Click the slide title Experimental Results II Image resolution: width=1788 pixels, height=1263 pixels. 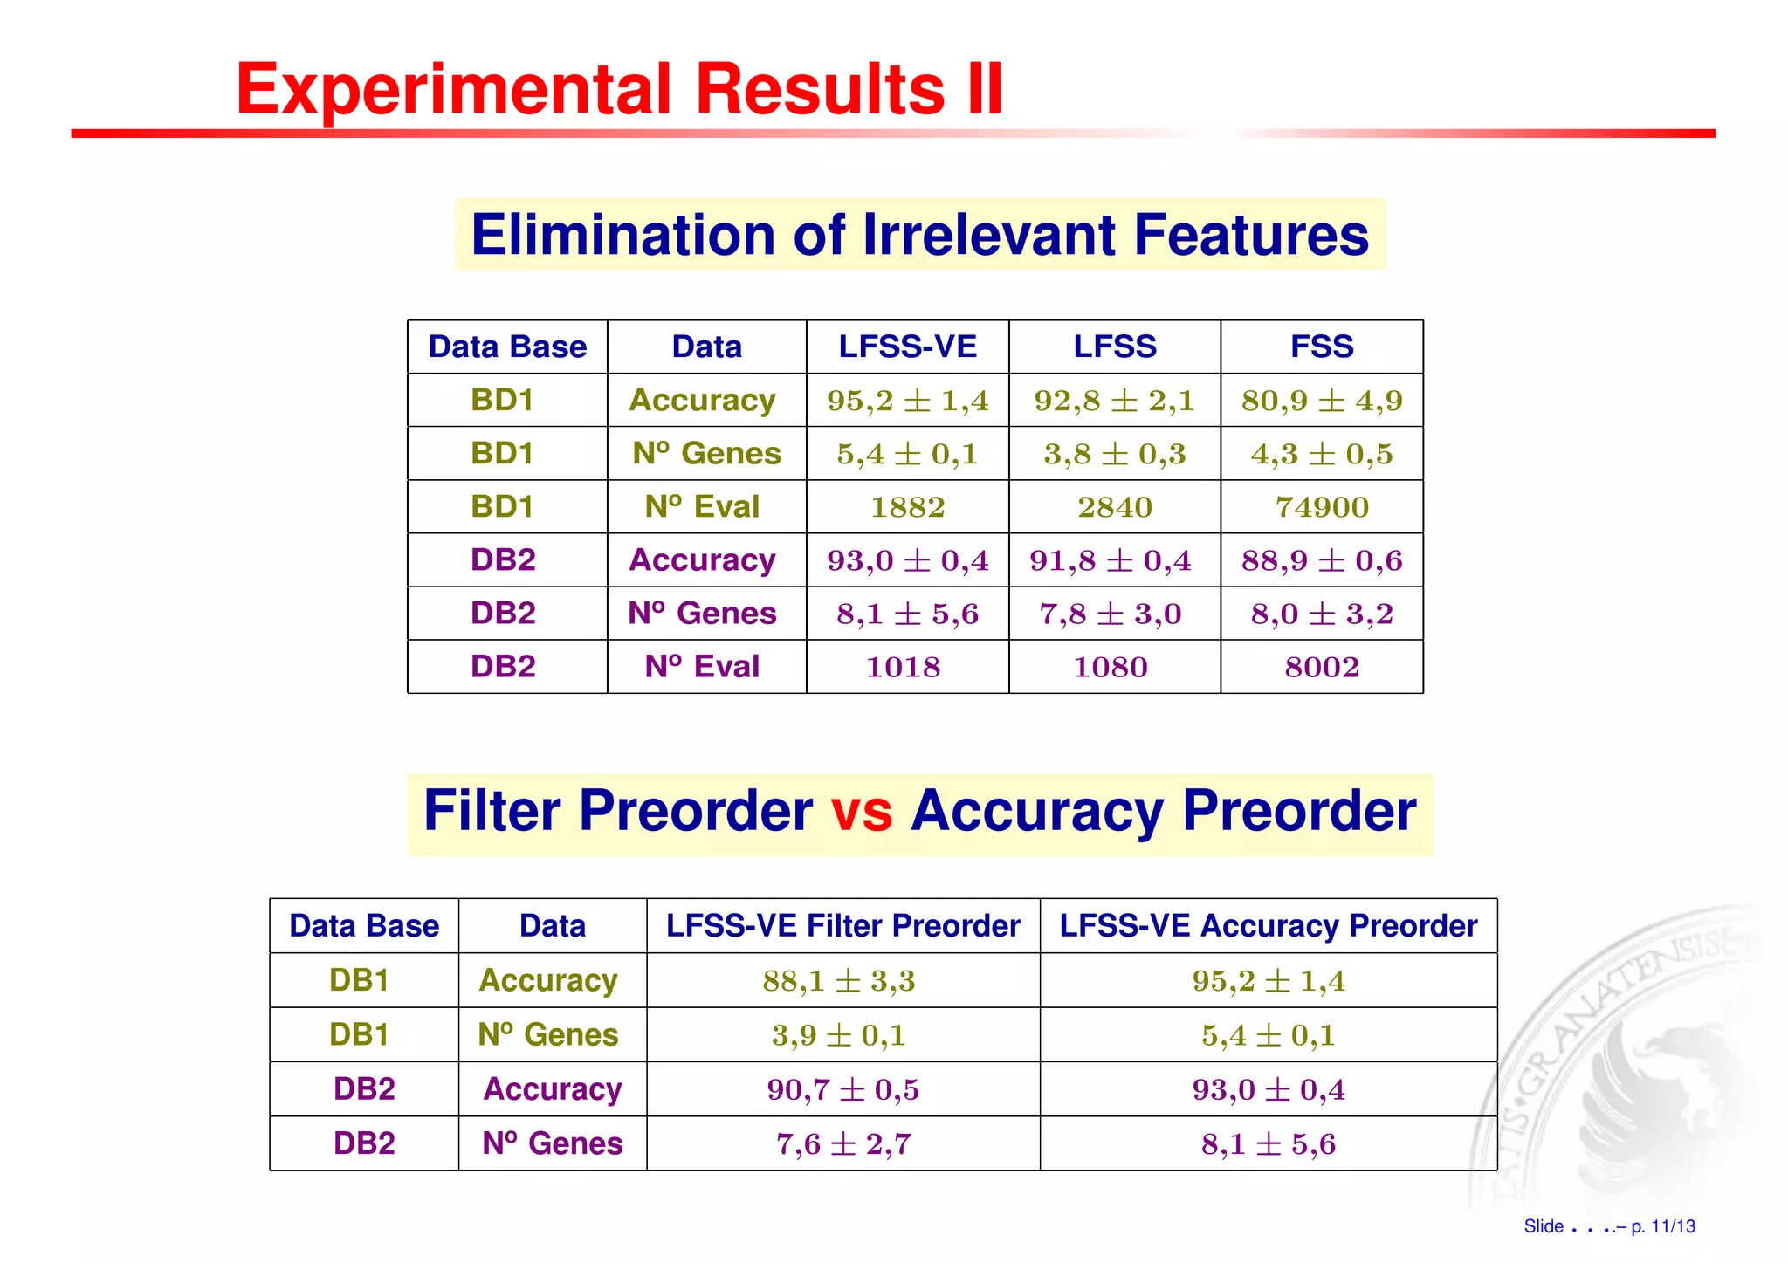[619, 89]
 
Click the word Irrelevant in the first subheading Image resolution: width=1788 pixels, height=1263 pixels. [988, 235]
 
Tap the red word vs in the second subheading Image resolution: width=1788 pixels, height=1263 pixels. [861, 811]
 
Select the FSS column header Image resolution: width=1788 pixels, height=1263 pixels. [1321, 347]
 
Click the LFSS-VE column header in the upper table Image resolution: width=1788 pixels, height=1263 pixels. [907, 347]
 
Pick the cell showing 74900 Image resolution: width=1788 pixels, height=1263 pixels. [1321, 507]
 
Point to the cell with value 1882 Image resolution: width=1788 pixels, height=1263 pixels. [907, 507]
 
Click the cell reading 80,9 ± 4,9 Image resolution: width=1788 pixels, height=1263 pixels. [1321, 401]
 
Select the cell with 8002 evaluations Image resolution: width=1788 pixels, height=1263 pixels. [1321, 667]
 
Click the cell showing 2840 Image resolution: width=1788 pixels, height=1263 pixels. [1114, 507]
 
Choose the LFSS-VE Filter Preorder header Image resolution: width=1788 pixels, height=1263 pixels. [842, 925]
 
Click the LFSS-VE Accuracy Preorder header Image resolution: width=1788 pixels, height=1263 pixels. [1268, 925]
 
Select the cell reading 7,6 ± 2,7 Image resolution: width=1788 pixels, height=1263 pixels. [842, 1143]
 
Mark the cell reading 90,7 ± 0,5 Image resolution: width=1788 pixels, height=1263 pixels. [842, 1089]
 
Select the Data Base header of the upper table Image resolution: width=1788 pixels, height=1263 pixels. [507, 347]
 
